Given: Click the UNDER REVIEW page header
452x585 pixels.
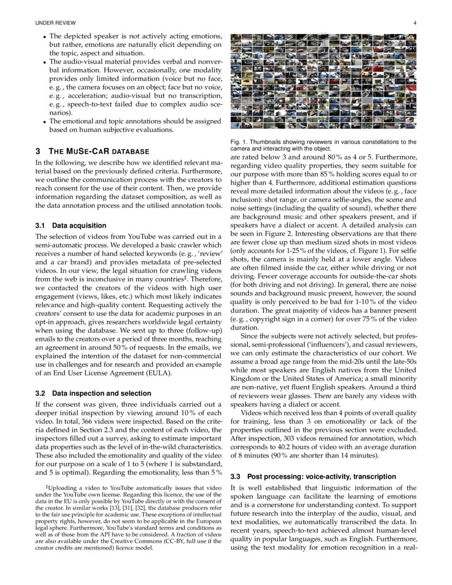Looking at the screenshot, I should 55,23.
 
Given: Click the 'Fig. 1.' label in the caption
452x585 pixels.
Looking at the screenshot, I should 238,142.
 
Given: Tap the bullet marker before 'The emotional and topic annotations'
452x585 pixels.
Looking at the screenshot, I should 44,121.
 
